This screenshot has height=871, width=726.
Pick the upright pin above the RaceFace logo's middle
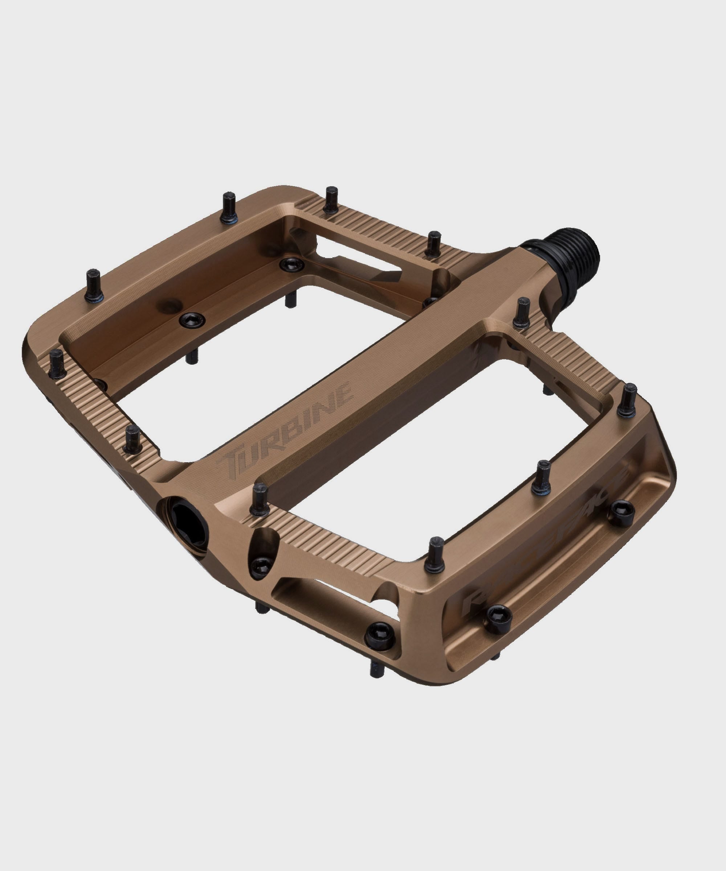tap(543, 477)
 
